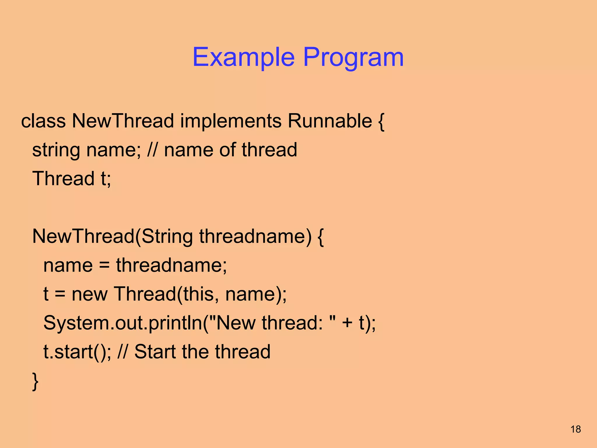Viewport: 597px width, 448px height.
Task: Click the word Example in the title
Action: pos(243,57)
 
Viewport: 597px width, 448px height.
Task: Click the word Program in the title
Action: pos(353,57)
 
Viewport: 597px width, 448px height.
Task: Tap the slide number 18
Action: pos(576,429)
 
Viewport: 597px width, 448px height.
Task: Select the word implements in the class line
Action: pos(231,121)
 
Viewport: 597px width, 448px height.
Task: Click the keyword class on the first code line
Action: pos(43,121)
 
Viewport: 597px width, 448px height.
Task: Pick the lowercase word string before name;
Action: pos(56,150)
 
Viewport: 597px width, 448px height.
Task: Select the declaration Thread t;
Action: pos(72,178)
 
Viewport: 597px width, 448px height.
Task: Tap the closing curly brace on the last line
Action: pos(35,381)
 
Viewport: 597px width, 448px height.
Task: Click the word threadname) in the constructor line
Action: pos(255,236)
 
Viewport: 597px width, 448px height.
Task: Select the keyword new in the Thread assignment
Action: pos(89,294)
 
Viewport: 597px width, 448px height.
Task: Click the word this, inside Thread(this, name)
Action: pos(201,294)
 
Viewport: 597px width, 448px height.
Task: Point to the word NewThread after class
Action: pos(123,121)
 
